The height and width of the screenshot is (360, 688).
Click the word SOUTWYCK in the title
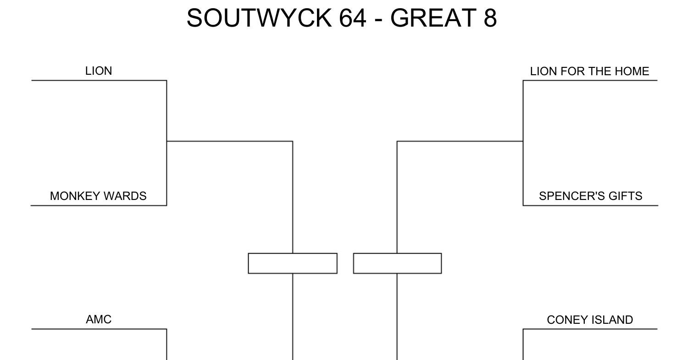[259, 18]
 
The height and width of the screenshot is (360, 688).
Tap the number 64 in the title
[353, 18]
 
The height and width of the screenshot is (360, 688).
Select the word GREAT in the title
[433, 18]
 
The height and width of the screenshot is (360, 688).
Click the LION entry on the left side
[99, 71]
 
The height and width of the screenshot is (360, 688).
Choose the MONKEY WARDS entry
[98, 196]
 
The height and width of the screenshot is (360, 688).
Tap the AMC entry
[99, 320]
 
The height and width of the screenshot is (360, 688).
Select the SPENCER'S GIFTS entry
[591, 196]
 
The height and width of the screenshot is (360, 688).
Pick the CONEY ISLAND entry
[590, 320]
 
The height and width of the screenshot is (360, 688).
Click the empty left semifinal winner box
[293, 263]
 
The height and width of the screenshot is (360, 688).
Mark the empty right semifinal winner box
[398, 263]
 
